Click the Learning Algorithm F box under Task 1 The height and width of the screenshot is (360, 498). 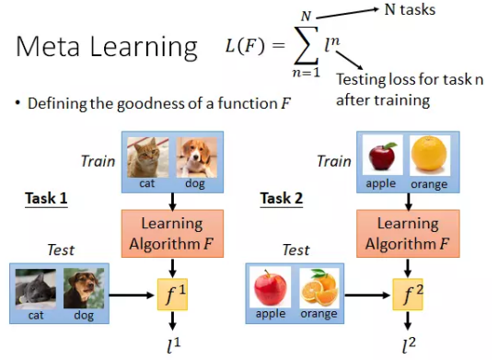170,233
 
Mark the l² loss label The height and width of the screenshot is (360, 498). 406,345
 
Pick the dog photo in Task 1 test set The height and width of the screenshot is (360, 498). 84,287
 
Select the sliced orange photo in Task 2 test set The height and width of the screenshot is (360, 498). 318,287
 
